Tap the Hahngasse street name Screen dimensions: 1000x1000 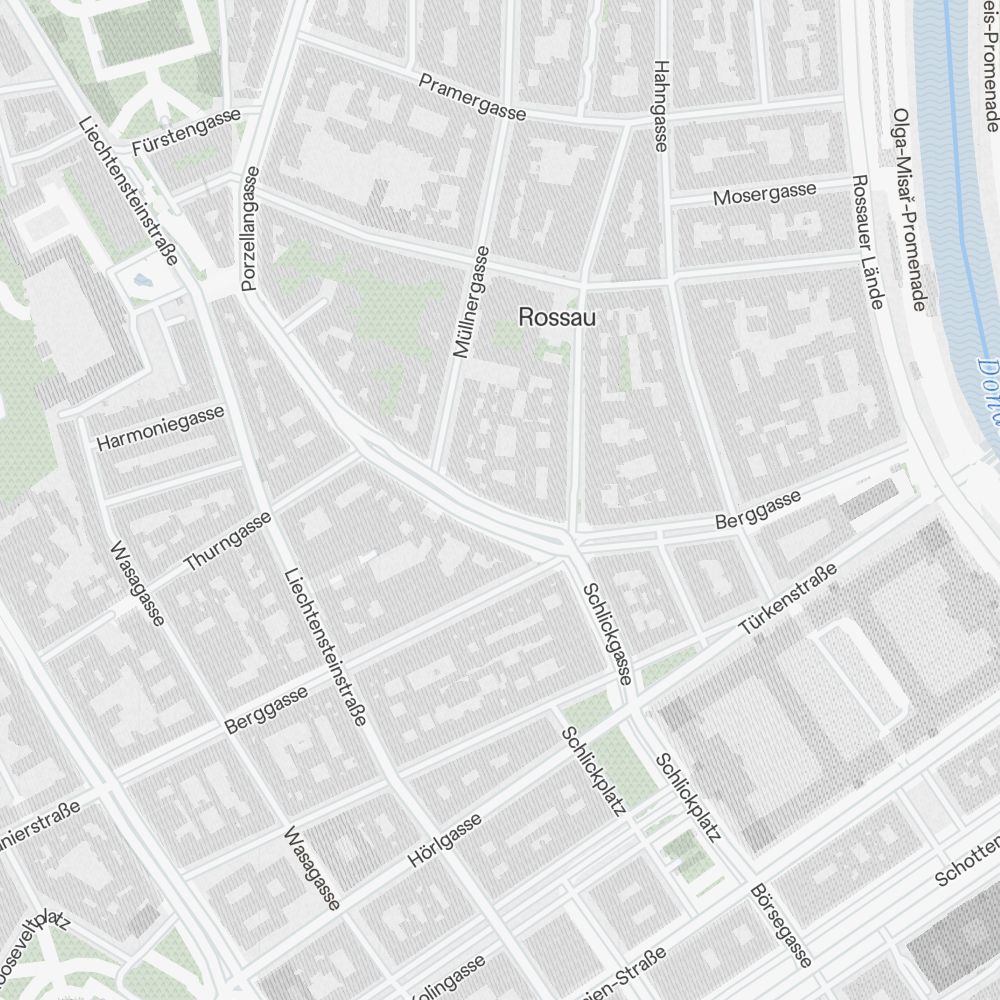[x=659, y=105]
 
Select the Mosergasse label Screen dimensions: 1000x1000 [x=764, y=193]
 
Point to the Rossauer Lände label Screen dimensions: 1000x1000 [x=866, y=241]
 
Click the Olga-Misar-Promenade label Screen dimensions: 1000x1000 [x=909, y=210]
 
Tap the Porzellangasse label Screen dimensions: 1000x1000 [x=250, y=229]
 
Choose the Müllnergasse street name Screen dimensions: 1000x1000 [x=470, y=302]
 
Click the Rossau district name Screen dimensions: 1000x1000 [x=557, y=318]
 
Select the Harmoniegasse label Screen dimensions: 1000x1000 [x=160, y=428]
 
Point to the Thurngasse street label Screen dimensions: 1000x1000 [x=228, y=541]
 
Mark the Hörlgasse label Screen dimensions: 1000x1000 [x=445, y=840]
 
